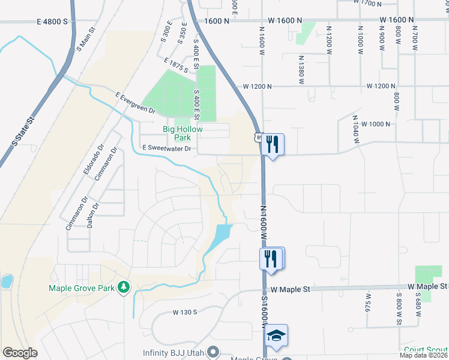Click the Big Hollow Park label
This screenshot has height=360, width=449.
(183, 133)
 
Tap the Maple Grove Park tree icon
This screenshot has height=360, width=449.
(124, 288)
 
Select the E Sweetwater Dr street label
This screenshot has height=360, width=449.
(166, 148)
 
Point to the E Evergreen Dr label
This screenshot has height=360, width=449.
(135, 103)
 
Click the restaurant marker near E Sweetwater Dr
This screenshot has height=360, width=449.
(273, 144)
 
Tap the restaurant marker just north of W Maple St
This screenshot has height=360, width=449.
(271, 259)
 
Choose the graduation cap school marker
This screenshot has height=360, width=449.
(277, 335)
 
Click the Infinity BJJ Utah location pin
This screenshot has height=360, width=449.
(212, 352)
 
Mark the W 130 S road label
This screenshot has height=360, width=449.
(185, 313)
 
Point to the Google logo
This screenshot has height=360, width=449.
(20, 353)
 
